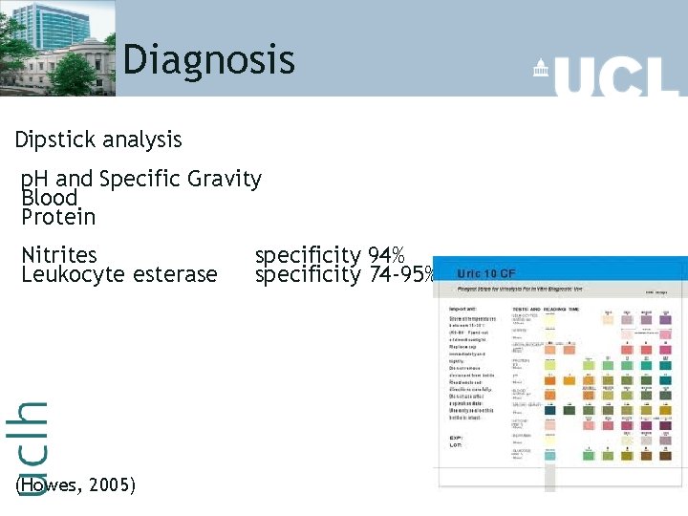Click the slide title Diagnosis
point(208,59)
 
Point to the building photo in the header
point(57,48)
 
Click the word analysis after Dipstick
point(142,140)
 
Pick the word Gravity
point(225,180)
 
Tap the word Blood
point(49,198)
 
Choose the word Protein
point(58,217)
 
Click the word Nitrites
point(59,255)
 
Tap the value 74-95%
point(401,274)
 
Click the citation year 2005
point(112,485)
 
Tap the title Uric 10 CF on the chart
point(486,273)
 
